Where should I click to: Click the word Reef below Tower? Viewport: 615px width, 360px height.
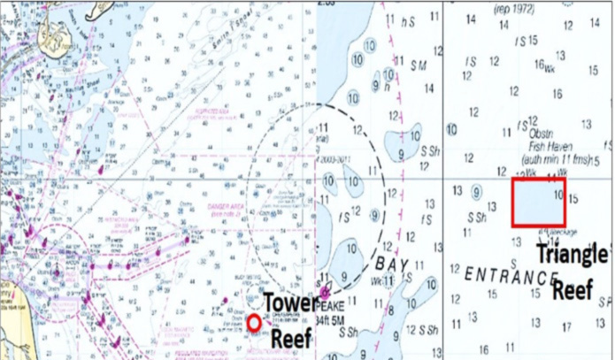pyautogui.click(x=291, y=338)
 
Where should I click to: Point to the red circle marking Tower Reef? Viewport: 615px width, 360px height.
pyautogui.click(x=255, y=323)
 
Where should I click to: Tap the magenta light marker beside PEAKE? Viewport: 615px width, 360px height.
pyautogui.click(x=326, y=292)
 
